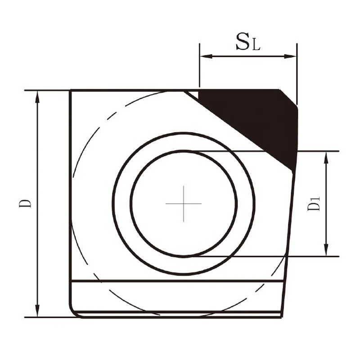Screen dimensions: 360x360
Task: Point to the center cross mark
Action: (184, 203)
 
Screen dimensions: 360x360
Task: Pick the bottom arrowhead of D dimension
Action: (37, 313)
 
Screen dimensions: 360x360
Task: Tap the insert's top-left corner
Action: (71, 91)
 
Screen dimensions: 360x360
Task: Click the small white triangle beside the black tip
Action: (192, 94)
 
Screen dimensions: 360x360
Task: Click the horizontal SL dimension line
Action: (247, 56)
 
